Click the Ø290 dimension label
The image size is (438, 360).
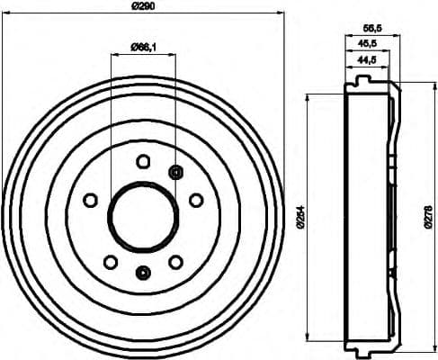tap(144, 7)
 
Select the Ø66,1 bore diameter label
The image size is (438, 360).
tap(143, 49)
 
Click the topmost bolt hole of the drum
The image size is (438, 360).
tap(143, 161)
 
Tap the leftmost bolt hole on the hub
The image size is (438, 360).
tap(90, 200)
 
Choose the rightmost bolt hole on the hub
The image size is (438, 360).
tap(196, 200)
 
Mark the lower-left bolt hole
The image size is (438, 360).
tap(110, 262)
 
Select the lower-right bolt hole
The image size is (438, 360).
tap(175, 262)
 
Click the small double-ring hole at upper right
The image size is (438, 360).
tap(175, 172)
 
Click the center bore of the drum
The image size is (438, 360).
tap(143, 217)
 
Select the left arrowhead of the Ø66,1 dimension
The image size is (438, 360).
tap(112, 56)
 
